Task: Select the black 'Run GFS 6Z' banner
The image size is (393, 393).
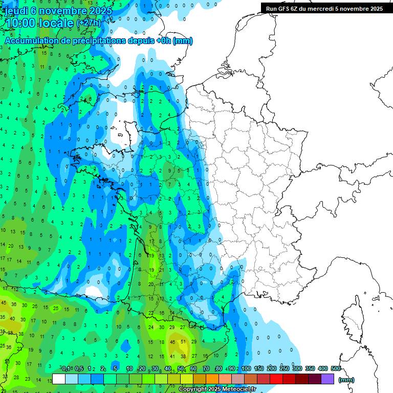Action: point(324,8)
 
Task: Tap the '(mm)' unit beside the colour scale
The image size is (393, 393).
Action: point(346,380)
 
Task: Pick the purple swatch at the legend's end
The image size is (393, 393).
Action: point(327,379)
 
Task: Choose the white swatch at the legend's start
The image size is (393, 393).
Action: point(59,379)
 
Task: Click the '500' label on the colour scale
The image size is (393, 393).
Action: point(336,368)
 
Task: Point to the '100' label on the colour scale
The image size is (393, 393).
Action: point(246,368)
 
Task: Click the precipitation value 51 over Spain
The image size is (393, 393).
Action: point(183,341)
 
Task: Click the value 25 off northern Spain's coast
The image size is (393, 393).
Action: point(56,308)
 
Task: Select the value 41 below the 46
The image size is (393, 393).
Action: point(172,356)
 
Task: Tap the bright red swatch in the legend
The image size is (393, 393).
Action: point(276,379)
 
